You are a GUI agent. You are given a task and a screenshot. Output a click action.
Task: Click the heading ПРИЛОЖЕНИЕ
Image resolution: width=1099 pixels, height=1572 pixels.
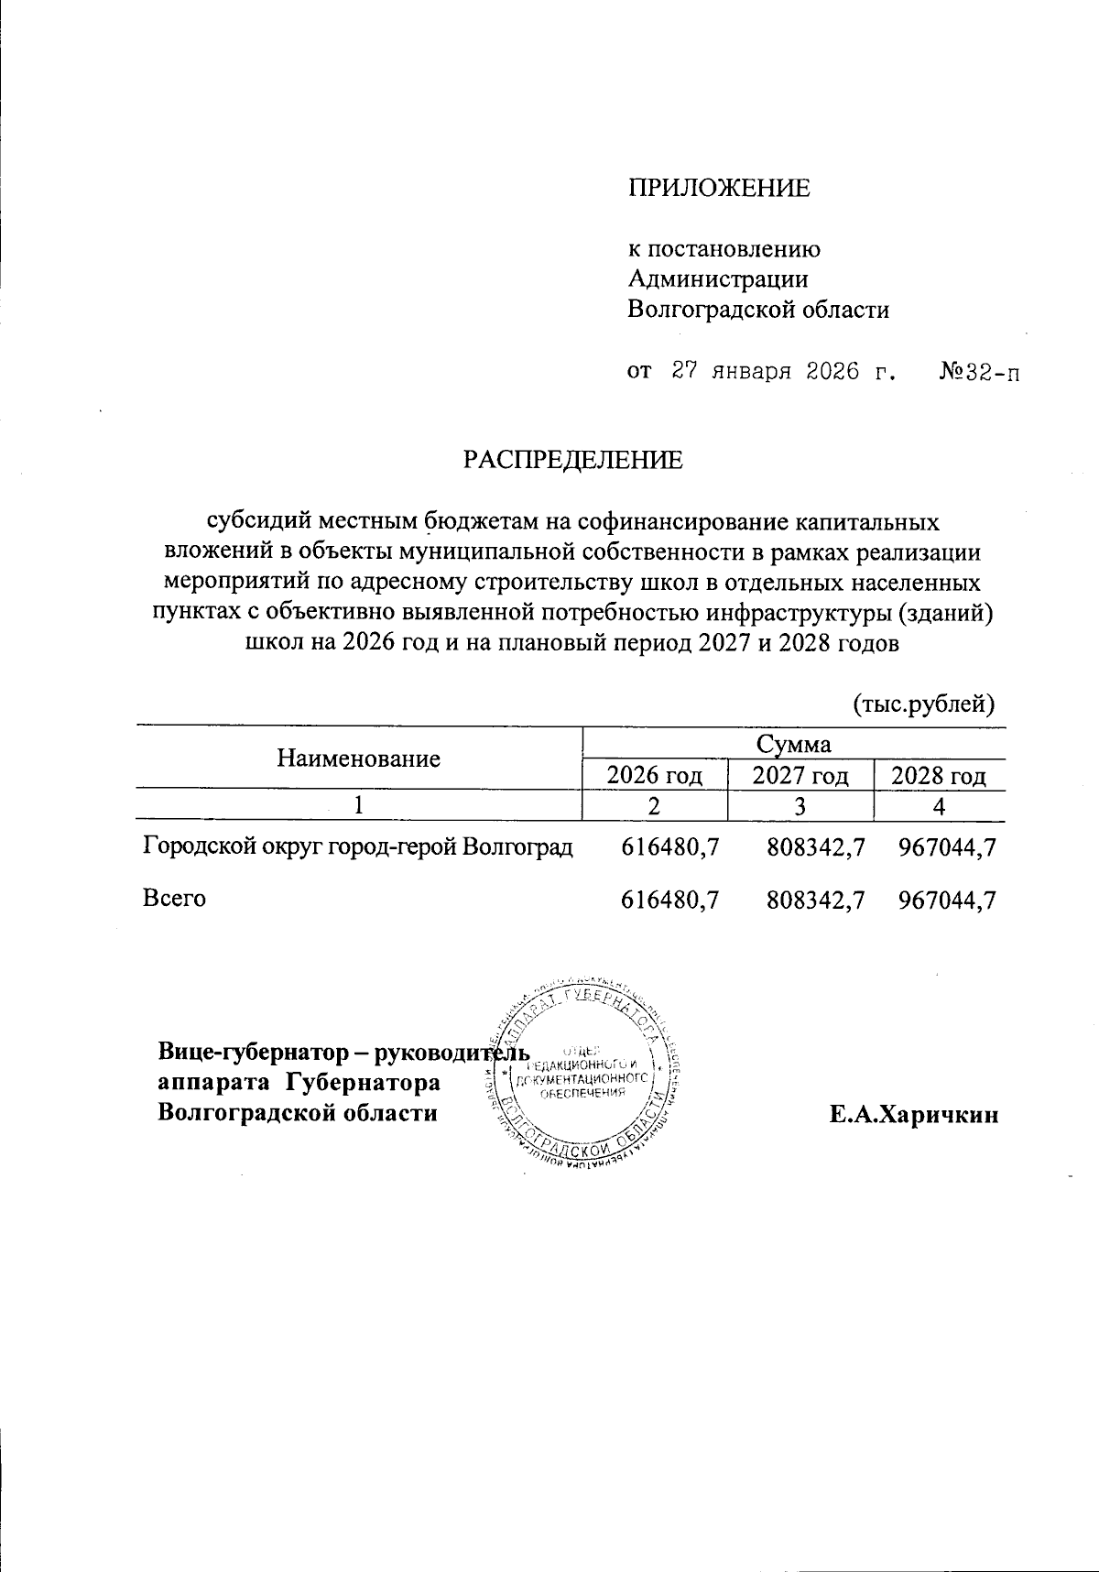tap(719, 188)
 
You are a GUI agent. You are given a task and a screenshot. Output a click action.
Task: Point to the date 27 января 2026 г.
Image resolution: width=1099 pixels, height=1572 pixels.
tap(782, 372)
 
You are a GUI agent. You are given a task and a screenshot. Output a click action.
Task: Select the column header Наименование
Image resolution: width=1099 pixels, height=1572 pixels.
tap(358, 759)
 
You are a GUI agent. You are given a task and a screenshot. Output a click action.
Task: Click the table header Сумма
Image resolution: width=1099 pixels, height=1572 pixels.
tap(794, 743)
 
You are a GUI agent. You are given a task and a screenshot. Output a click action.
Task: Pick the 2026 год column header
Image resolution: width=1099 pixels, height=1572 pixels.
tap(655, 776)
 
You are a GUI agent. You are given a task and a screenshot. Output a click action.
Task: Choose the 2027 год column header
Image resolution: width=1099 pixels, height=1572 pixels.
tap(800, 776)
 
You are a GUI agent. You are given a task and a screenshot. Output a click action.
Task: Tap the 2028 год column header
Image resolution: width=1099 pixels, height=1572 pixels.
tap(939, 776)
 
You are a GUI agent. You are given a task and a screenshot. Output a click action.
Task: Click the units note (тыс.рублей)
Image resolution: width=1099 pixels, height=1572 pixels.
tap(924, 704)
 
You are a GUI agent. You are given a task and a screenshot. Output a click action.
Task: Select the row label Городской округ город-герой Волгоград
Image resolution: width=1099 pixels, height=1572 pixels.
tap(358, 847)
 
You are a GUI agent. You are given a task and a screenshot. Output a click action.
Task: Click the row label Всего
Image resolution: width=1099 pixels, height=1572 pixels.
tap(174, 898)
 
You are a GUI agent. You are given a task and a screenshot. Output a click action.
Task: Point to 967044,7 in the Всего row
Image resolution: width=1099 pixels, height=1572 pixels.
tap(947, 900)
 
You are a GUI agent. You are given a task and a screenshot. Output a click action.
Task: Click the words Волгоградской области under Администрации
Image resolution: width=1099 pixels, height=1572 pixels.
tap(758, 310)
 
